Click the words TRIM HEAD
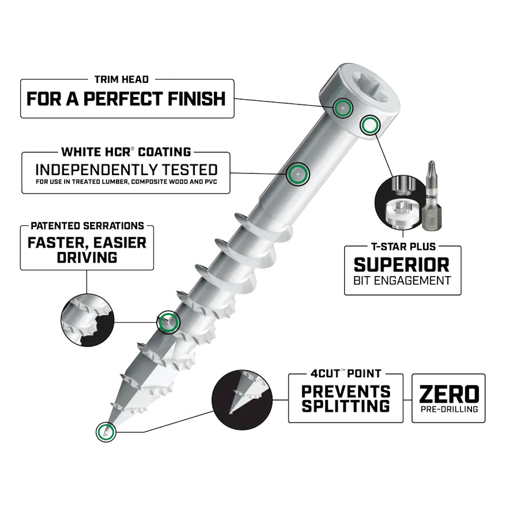click(121, 79)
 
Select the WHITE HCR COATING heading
click(126, 151)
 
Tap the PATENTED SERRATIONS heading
click(87, 226)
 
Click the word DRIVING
click(87, 257)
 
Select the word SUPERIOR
click(402, 264)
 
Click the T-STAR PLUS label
click(402, 246)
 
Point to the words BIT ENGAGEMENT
click(402, 281)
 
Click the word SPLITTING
click(346, 406)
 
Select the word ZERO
click(448, 394)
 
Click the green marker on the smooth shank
click(297, 173)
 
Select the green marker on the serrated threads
click(168, 322)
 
